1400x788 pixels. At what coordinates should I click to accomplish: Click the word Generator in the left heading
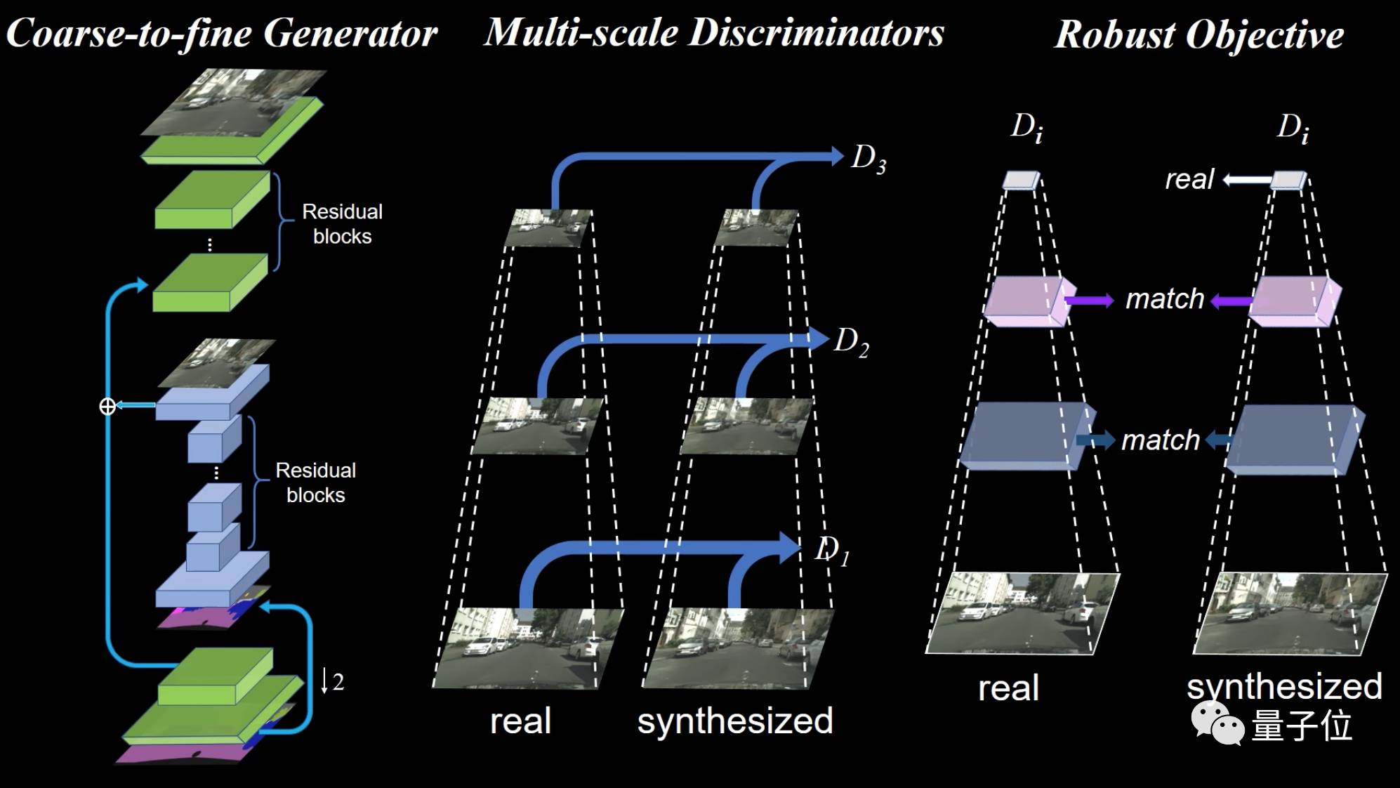[350, 33]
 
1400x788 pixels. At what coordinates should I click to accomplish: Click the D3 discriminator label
[868, 159]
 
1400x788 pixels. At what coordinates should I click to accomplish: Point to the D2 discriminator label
[851, 343]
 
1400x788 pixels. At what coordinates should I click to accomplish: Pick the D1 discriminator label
[832, 550]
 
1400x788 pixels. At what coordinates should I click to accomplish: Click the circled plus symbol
[107, 406]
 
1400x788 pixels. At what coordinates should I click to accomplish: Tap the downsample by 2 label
[332, 681]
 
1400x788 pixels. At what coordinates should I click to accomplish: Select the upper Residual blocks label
[342, 223]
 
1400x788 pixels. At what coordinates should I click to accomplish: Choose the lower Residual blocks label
[315, 482]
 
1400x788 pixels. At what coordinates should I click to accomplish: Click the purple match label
[1165, 299]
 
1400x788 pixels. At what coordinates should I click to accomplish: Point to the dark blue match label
[1161, 440]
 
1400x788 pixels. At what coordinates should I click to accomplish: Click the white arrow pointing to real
[1247, 180]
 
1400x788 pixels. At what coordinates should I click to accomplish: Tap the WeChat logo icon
[1217, 723]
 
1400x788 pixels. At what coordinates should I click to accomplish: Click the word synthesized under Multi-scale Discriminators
[734, 721]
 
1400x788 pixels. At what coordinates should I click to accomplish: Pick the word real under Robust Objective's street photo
[1008, 688]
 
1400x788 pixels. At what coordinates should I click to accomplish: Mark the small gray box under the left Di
[1021, 180]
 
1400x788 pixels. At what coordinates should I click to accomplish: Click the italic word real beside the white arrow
[1189, 180]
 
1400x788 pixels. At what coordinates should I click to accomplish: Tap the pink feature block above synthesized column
[1293, 301]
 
